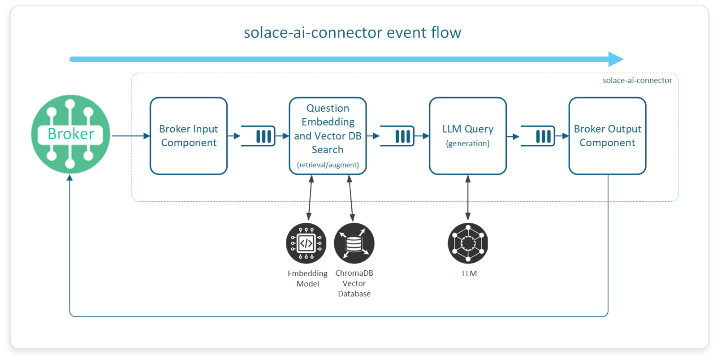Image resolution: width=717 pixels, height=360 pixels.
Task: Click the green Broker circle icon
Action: (x=70, y=134)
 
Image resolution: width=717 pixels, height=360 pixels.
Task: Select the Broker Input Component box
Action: (x=189, y=136)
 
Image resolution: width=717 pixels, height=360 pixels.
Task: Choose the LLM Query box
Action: (x=467, y=136)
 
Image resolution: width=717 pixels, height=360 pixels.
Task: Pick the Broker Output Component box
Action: (x=607, y=136)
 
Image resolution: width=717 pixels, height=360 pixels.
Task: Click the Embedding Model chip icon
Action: (x=306, y=243)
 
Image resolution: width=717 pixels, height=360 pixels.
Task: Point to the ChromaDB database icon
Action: (x=354, y=243)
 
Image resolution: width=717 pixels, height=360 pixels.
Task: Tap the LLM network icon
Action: (x=468, y=243)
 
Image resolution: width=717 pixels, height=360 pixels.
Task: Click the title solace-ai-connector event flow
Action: (x=352, y=33)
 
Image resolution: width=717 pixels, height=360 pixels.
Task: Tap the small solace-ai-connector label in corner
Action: (x=637, y=81)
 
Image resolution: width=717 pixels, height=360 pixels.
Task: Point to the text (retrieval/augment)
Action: (x=328, y=165)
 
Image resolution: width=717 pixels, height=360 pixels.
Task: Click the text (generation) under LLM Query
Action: (x=467, y=143)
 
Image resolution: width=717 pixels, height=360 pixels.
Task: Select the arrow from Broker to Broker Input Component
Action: (x=130, y=136)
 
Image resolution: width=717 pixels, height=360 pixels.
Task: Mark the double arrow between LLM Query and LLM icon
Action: (x=468, y=197)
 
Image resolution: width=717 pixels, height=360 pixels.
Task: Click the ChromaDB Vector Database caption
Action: (x=354, y=283)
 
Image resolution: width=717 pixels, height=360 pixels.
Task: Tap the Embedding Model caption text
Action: (x=307, y=278)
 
